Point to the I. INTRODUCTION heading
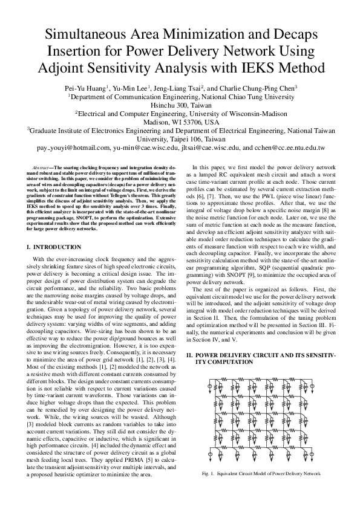(54, 247)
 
